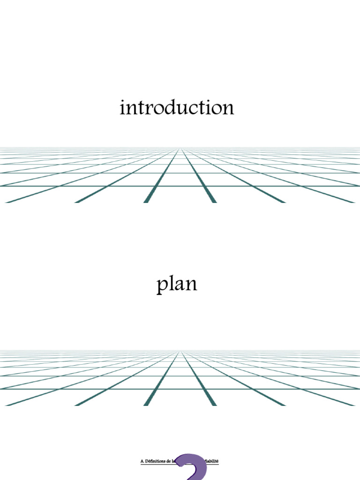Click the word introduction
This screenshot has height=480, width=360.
tap(177, 108)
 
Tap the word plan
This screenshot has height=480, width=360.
tap(177, 285)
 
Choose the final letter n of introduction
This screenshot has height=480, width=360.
tap(228, 109)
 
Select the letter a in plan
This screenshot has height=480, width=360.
tap(178, 285)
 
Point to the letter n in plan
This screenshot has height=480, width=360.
tap(191, 285)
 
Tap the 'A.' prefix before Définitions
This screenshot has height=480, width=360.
tap(142, 461)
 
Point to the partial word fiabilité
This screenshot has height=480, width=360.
tap(211, 461)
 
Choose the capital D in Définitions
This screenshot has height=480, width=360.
tap(147, 461)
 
